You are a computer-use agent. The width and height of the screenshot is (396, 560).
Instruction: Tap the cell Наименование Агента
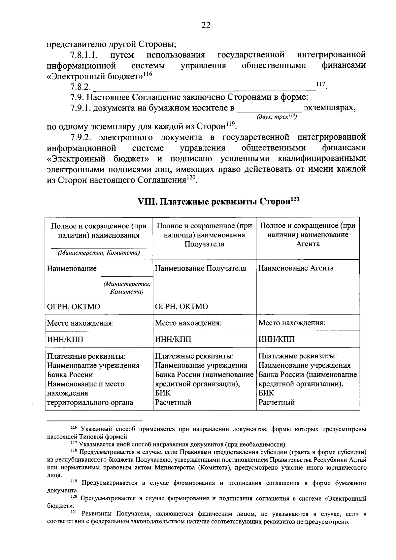[x=296, y=268]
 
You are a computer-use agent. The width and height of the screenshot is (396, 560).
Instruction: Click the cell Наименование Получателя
[x=200, y=268]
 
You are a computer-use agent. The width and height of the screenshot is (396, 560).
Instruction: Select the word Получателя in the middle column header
[x=204, y=244]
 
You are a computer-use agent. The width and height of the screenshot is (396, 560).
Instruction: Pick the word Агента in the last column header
[x=308, y=244]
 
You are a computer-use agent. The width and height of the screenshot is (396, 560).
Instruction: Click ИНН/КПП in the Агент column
[x=276, y=339]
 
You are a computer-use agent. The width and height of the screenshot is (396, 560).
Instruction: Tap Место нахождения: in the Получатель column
[x=188, y=323]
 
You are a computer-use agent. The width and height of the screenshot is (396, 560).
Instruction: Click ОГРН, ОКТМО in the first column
[x=74, y=307]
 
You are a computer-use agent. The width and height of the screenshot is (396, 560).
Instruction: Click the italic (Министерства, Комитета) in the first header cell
[x=99, y=253]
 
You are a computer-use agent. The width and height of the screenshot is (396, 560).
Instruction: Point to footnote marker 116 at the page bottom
[x=74, y=428]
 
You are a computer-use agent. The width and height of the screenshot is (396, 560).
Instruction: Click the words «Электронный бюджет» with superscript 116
[x=95, y=76]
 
